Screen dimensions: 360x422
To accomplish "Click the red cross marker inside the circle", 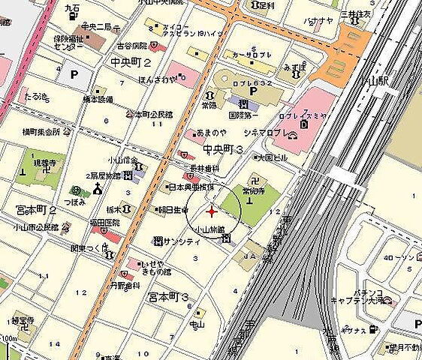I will point(210,211).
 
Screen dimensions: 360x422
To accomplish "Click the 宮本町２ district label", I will point(35,211).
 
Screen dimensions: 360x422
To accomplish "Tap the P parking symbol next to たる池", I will point(74,74).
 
